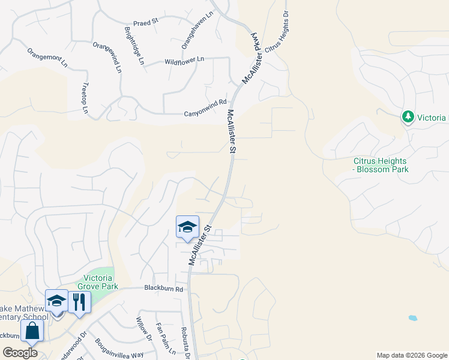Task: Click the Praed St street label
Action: pyautogui.click(x=146, y=20)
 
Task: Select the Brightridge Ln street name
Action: pyautogui.click(x=134, y=45)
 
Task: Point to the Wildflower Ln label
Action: pyautogui.click(x=184, y=60)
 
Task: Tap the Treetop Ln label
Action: pyautogui.click(x=85, y=98)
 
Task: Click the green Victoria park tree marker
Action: pyautogui.click(x=408, y=116)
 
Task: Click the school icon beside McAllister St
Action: pyautogui.click(x=187, y=227)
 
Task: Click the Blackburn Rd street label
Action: pyautogui.click(x=163, y=289)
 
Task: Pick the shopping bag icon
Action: pyautogui.click(x=31, y=330)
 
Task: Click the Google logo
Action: pyautogui.click(x=20, y=353)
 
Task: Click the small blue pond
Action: pyautogui.click(x=412, y=317)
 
